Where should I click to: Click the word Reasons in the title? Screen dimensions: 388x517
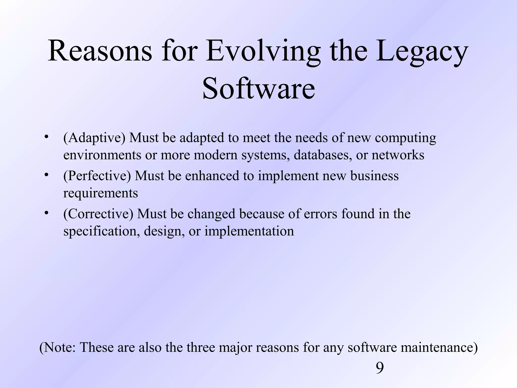[x=100, y=51]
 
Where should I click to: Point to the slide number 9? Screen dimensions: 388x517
[x=380, y=368]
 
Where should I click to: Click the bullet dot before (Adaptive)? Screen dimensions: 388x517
[x=46, y=137]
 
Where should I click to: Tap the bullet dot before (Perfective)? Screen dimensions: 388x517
[x=46, y=175]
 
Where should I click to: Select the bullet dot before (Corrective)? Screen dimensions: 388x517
[x=46, y=213]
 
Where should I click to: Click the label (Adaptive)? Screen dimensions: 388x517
[x=94, y=138]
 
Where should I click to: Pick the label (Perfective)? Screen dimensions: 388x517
[x=97, y=176]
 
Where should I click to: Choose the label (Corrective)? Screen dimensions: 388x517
[x=98, y=214]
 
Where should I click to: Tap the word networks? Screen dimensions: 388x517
[x=398, y=155]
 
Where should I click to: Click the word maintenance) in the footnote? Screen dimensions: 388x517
[x=439, y=348]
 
